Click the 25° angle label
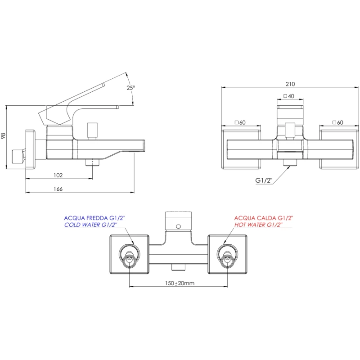click(130, 88)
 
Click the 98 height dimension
click(4, 136)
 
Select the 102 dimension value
click(58, 175)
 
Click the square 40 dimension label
click(289, 96)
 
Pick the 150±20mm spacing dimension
click(178, 283)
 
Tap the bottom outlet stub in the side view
click(93, 162)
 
